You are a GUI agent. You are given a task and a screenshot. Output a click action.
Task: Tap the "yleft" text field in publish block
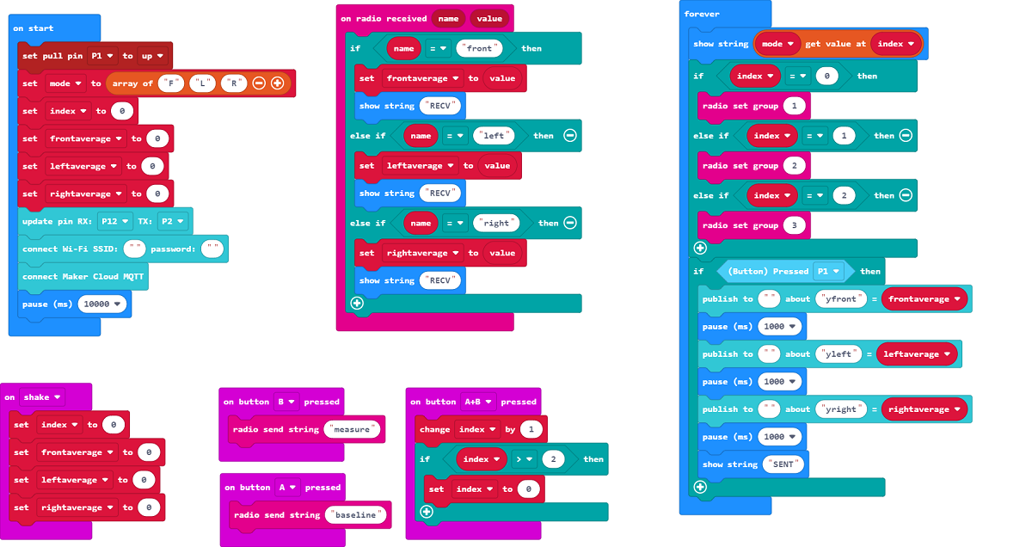[839, 354]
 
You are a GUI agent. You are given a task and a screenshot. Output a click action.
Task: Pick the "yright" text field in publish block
[842, 409]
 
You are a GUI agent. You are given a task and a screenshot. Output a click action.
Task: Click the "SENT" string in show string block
[783, 464]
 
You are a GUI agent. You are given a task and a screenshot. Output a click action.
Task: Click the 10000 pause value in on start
[103, 304]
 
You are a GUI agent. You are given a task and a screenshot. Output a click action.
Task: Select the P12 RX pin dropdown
[114, 221]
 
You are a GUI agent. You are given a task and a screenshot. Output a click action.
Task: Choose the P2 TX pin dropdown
[173, 221]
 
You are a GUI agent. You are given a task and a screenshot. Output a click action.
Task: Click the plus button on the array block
[277, 83]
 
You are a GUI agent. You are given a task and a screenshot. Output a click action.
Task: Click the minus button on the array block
[259, 83]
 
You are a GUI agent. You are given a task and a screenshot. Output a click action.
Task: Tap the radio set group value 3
[793, 225]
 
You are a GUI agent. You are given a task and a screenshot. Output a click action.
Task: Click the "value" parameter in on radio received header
[489, 18]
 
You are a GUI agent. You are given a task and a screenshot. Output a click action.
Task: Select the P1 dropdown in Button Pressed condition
[827, 271]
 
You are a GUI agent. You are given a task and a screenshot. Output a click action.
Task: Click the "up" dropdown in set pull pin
[151, 56]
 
